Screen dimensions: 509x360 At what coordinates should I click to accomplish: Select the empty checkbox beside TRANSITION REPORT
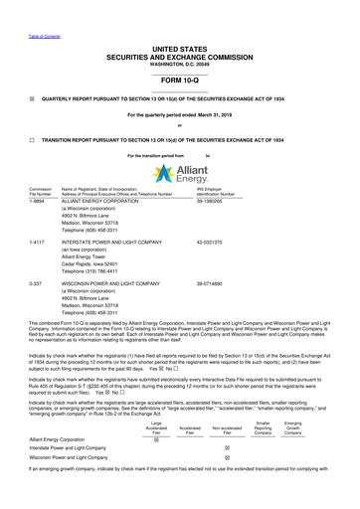pyautogui.click(x=32, y=139)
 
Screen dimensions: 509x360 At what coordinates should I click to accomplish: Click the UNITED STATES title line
pyautogui.click(x=180, y=34)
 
